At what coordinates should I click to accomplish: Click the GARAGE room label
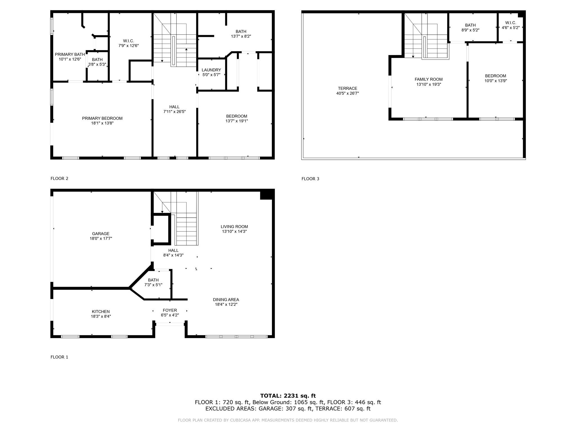click(x=101, y=234)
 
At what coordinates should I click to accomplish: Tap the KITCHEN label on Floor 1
click(x=101, y=312)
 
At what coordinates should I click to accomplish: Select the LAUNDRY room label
click(x=211, y=70)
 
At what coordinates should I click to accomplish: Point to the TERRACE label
click(x=348, y=89)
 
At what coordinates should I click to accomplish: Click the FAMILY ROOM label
click(x=429, y=80)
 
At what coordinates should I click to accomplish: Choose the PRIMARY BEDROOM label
click(x=102, y=118)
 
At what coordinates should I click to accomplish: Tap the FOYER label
click(x=170, y=310)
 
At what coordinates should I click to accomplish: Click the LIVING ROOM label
click(x=234, y=227)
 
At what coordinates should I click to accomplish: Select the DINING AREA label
click(x=226, y=300)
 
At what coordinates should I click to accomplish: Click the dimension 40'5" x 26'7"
click(x=348, y=93)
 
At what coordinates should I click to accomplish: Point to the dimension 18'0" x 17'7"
click(x=101, y=238)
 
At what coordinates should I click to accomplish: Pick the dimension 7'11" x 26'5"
click(x=174, y=112)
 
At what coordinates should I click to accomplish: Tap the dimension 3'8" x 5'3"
click(x=97, y=64)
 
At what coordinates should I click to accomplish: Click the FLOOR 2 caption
click(x=59, y=178)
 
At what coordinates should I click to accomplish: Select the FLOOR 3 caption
click(x=310, y=179)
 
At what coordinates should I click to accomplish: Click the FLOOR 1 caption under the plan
click(x=59, y=357)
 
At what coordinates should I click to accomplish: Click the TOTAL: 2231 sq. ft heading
click(x=288, y=396)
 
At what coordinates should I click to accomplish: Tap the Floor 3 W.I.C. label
click(x=510, y=23)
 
